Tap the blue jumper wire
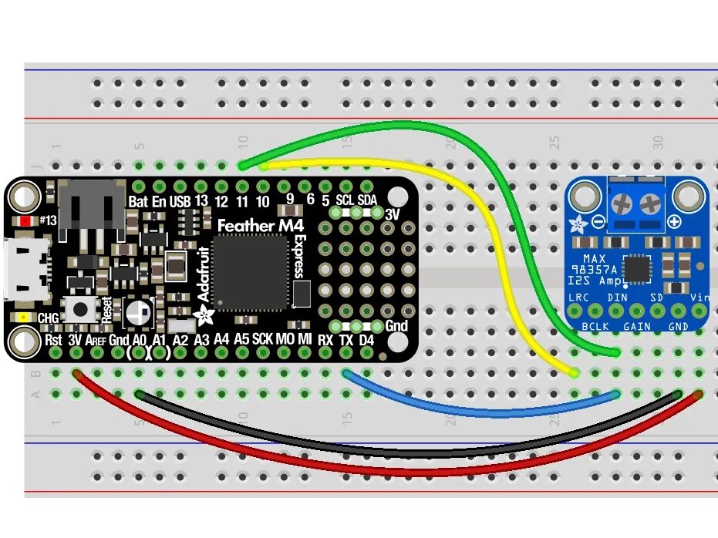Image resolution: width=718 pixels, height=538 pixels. tap(478, 413)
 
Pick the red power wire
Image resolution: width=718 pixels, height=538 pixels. tap(386, 470)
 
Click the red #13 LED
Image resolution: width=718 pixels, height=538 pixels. tap(25, 221)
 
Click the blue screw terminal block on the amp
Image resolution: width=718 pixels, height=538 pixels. tap(637, 205)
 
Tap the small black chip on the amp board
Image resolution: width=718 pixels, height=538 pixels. tap(637, 269)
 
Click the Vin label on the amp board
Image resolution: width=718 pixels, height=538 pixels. tap(699, 298)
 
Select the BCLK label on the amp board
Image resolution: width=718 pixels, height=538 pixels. tap(595, 327)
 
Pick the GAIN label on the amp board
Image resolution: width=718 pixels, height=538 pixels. tap(637, 327)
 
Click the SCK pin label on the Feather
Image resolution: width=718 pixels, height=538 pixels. tap(263, 339)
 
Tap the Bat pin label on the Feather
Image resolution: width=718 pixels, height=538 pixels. tap(138, 201)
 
